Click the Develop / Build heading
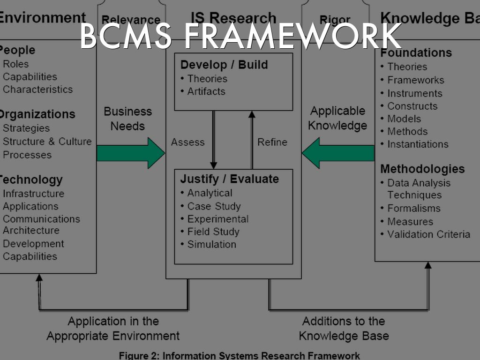(224, 65)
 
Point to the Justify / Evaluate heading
(229, 179)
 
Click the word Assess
(188, 142)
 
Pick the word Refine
(272, 142)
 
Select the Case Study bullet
(214, 206)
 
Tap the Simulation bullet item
(211, 244)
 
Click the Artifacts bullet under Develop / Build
(206, 91)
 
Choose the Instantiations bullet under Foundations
(417, 144)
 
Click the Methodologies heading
(422, 169)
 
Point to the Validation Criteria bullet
(428, 234)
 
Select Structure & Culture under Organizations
(47, 142)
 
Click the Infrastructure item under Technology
(33, 194)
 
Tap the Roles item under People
(16, 64)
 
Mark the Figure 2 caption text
(240, 355)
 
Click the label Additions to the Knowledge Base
(344, 328)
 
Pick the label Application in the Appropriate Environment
(113, 328)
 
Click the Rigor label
(335, 20)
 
